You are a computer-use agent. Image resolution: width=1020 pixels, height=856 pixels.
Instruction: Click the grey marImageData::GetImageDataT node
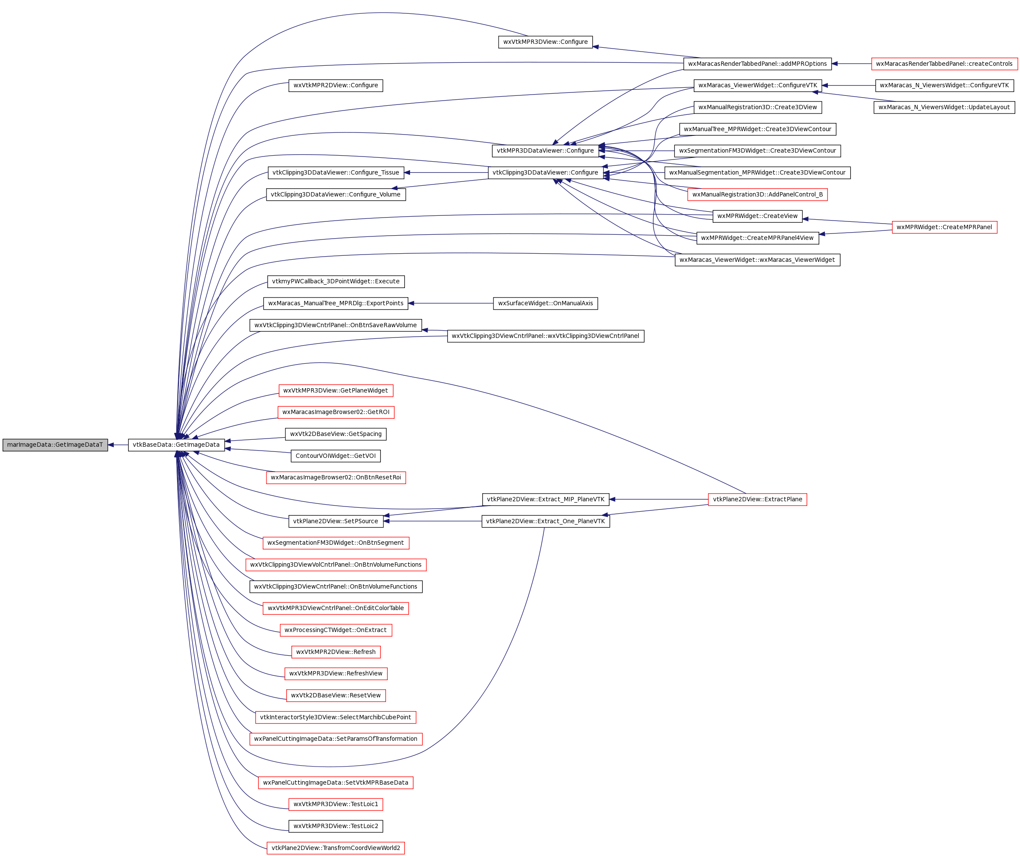click(55, 445)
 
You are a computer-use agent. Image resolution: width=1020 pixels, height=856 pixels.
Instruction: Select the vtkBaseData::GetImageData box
click(176, 445)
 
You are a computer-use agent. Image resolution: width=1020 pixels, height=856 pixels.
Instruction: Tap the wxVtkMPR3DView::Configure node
click(545, 42)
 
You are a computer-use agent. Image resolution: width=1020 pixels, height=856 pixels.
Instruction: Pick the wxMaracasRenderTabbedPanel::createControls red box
click(944, 64)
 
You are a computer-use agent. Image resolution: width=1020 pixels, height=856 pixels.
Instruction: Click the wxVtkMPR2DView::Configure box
click(335, 86)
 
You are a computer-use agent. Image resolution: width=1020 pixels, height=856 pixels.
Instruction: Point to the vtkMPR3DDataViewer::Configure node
click(545, 150)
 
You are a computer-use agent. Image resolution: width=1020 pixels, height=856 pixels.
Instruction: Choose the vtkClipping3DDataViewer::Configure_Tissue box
click(335, 172)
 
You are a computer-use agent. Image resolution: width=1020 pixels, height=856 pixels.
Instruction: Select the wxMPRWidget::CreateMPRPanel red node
click(944, 227)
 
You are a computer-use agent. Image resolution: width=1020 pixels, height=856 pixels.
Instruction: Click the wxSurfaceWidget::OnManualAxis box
click(545, 304)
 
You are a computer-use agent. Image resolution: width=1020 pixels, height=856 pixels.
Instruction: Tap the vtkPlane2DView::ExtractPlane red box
click(757, 500)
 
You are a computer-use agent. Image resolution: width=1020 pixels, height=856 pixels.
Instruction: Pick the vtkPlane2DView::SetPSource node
click(335, 521)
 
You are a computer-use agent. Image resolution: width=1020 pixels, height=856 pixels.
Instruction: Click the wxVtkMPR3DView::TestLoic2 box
click(335, 826)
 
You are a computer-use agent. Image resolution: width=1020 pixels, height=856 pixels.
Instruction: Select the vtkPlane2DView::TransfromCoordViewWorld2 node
click(335, 848)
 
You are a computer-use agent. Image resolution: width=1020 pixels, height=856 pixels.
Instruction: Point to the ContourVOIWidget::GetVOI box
click(335, 456)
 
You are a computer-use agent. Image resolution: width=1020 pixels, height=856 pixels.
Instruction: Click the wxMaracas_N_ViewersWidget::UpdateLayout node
click(944, 107)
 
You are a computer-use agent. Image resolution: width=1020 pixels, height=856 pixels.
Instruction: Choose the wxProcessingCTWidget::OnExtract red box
click(335, 630)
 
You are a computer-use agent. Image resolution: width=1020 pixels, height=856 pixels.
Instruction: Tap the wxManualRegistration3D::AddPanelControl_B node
click(757, 195)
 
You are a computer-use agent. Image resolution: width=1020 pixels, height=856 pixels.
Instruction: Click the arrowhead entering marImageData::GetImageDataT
click(111, 445)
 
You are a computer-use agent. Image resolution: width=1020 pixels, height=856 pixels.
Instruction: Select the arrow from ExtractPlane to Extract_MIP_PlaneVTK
click(659, 500)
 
